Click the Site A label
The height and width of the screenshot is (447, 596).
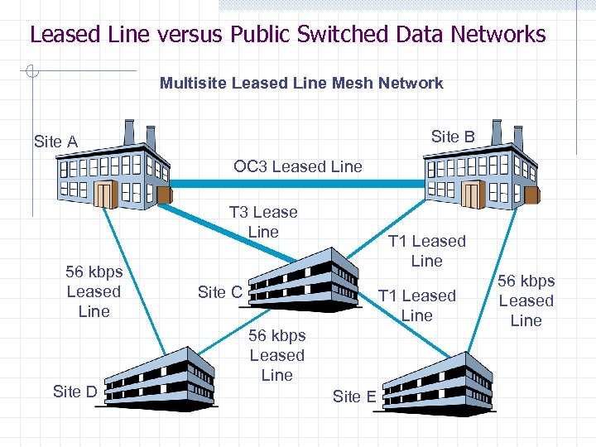[x=55, y=142]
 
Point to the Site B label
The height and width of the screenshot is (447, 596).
[x=453, y=137]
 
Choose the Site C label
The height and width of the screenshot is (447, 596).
[x=219, y=291]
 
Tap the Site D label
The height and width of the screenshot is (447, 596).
[x=74, y=392]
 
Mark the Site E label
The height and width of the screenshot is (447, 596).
[x=354, y=397]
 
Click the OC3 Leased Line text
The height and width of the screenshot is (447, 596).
[x=298, y=166]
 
